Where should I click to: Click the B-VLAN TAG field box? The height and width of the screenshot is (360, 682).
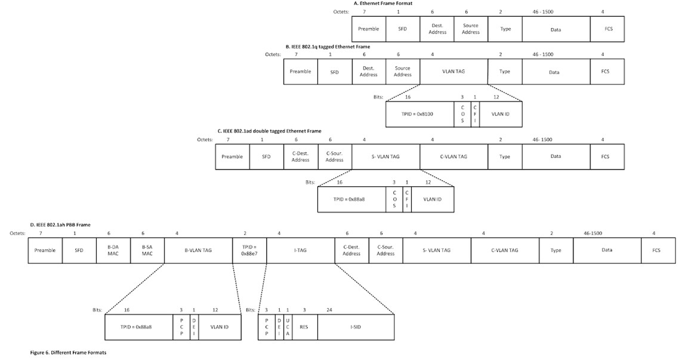tap(198, 250)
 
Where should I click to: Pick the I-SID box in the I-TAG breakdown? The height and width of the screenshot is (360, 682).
tap(355, 327)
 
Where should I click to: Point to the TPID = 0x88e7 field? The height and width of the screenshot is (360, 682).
tap(249, 250)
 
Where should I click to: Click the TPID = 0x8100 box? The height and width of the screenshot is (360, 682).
tap(419, 113)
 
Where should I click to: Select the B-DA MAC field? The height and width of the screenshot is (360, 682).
tap(113, 250)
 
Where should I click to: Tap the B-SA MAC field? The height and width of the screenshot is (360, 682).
tap(147, 250)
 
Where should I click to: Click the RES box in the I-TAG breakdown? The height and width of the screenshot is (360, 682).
tap(305, 327)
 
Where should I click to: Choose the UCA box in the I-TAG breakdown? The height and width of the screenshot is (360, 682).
tap(288, 327)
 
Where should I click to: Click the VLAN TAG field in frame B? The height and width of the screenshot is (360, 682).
tap(453, 72)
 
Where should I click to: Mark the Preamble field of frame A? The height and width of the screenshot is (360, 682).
tap(368, 29)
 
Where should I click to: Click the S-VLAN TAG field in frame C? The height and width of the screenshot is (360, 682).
tap(385, 156)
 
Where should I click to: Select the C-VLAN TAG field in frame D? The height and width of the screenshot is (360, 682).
tap(504, 250)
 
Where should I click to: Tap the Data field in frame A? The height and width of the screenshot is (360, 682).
tap(556, 29)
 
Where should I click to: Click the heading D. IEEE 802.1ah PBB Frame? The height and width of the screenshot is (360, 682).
tap(60, 225)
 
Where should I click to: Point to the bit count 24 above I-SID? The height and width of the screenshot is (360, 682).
tap(329, 310)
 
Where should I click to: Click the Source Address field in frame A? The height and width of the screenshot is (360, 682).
tap(471, 29)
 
